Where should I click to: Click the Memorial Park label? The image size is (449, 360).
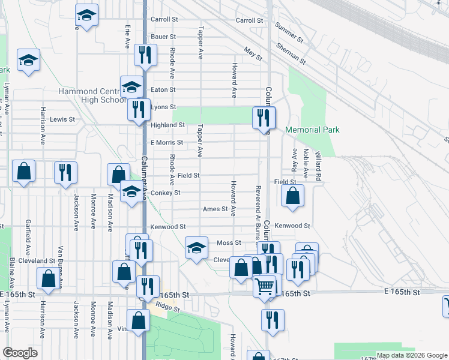click(312, 130)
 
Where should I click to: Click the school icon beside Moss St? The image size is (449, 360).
click(196, 247)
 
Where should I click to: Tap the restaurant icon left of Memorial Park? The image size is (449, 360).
click(263, 116)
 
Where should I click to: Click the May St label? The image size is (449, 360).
click(253, 53)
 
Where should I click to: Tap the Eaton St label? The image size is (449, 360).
click(163, 89)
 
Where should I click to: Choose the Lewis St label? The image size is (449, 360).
click(62, 119)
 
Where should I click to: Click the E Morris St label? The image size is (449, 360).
click(166, 142)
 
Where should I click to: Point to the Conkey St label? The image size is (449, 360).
click(165, 193)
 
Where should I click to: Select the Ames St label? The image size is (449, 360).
click(215, 209)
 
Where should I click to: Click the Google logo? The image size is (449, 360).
click(20, 353)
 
